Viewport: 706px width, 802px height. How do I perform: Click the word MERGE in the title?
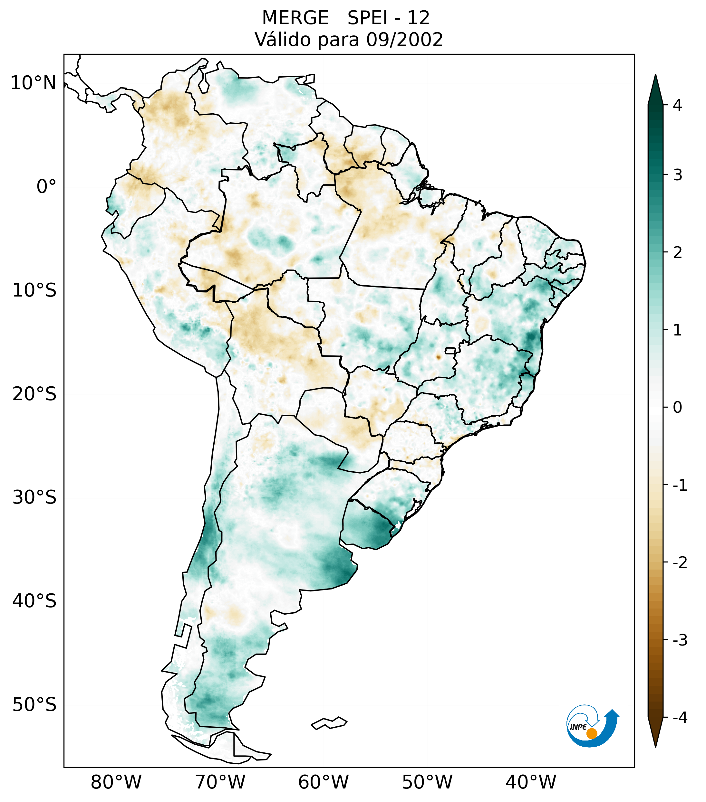click(295, 18)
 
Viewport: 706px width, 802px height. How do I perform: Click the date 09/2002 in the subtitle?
click(404, 40)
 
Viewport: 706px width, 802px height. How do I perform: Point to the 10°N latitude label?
click(33, 83)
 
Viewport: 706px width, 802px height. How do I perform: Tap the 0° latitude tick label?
click(46, 187)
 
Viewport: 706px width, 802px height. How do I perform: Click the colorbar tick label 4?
click(677, 105)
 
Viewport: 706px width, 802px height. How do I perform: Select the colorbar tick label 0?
click(677, 408)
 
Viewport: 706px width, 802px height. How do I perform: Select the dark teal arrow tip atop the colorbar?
click(655, 88)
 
